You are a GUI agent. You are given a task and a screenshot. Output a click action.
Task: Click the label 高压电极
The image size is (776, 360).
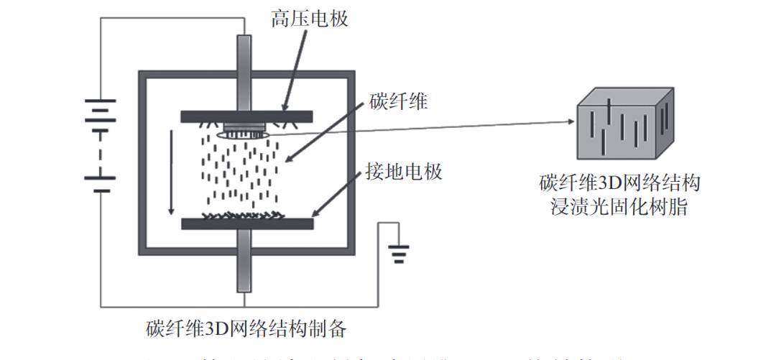click(310, 18)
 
